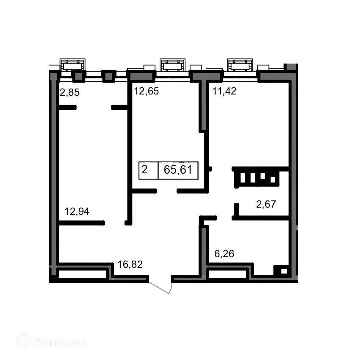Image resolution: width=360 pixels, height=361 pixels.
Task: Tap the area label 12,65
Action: click(146, 91)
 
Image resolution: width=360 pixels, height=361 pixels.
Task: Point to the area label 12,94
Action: click(77, 211)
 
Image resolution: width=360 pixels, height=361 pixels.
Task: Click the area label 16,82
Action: click(130, 265)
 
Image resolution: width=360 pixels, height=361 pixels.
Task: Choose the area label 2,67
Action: click(266, 205)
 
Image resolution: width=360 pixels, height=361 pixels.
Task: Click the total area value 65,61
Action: click(178, 170)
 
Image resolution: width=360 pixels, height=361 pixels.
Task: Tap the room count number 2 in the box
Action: click(144, 170)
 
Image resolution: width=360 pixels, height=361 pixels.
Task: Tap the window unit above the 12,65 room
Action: click(172, 65)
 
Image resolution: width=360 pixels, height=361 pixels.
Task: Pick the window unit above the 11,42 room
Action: click(240, 65)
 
